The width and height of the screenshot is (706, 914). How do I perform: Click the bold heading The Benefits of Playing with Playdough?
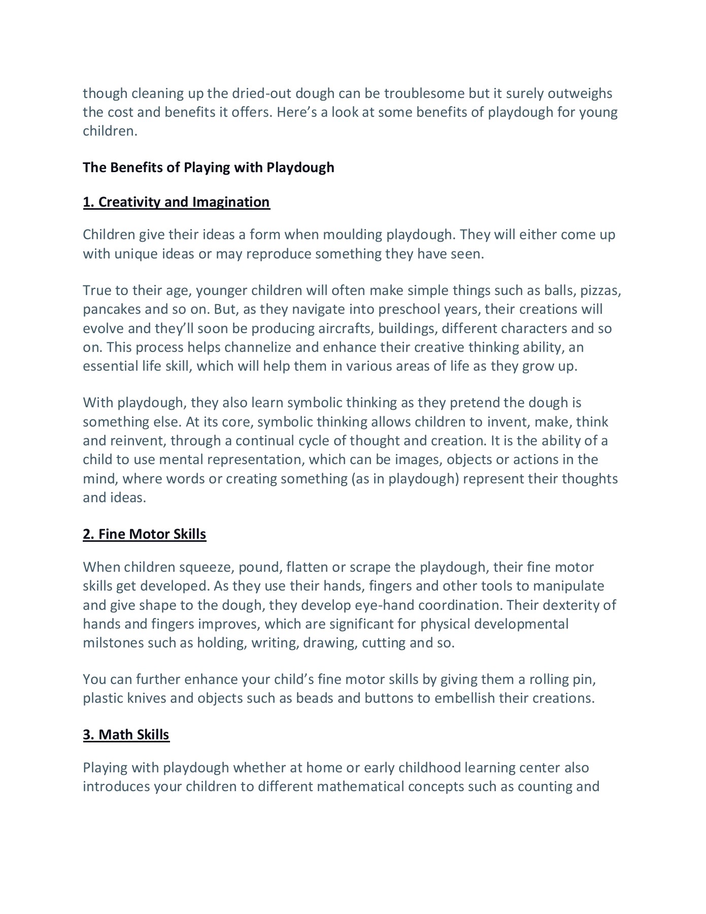tap(209, 168)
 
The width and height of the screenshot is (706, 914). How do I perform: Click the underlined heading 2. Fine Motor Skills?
tap(145, 534)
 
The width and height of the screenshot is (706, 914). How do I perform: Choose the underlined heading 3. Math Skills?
tap(126, 735)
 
